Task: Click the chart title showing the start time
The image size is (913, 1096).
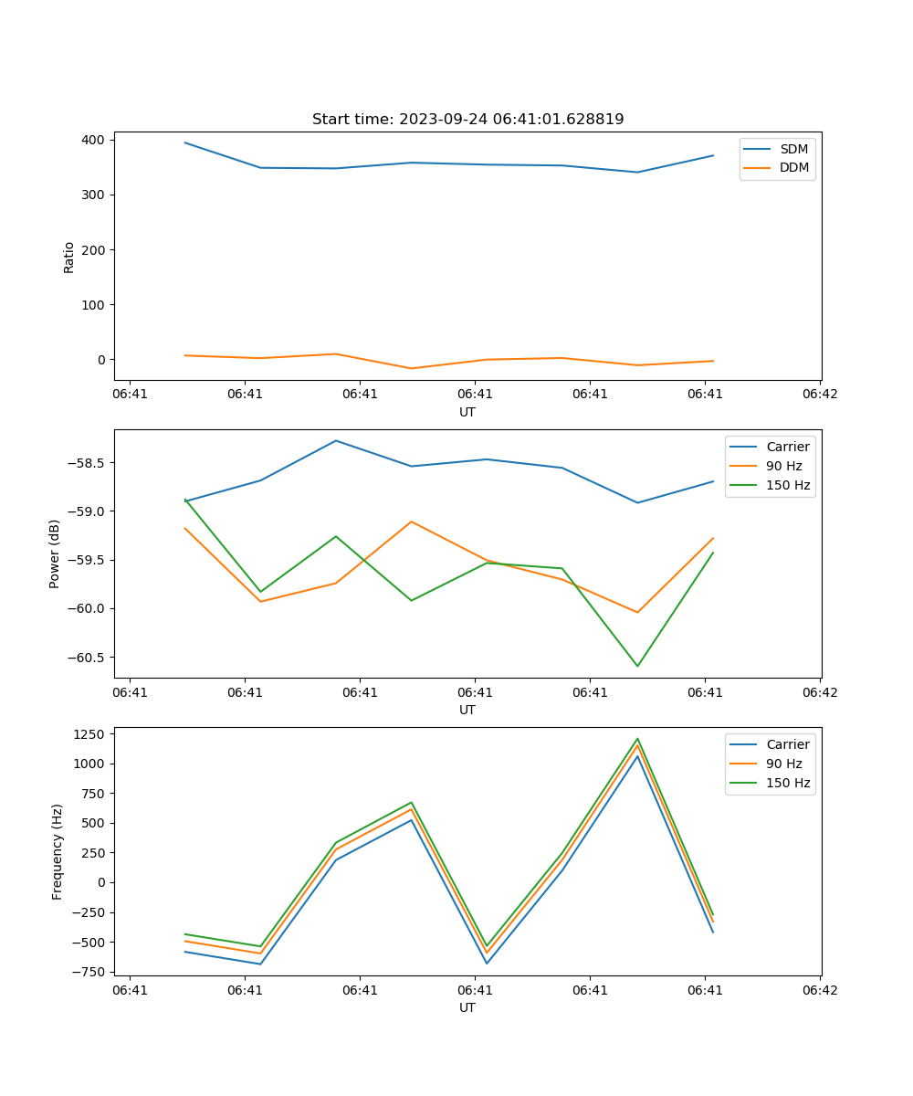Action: (467, 120)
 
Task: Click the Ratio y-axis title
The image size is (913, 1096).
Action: (69, 257)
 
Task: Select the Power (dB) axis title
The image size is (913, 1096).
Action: (56, 553)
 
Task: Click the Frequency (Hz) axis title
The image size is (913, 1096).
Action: (58, 851)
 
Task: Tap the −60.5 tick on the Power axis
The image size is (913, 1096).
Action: (88, 658)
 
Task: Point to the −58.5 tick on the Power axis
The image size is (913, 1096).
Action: (88, 462)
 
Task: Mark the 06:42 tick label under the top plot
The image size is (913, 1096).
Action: (820, 395)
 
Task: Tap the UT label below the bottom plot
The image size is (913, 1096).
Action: (467, 1007)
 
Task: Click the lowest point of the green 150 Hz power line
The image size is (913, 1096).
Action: (637, 666)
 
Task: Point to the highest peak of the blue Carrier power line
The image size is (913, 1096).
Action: (336, 441)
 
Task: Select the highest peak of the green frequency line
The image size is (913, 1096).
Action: (637, 739)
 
